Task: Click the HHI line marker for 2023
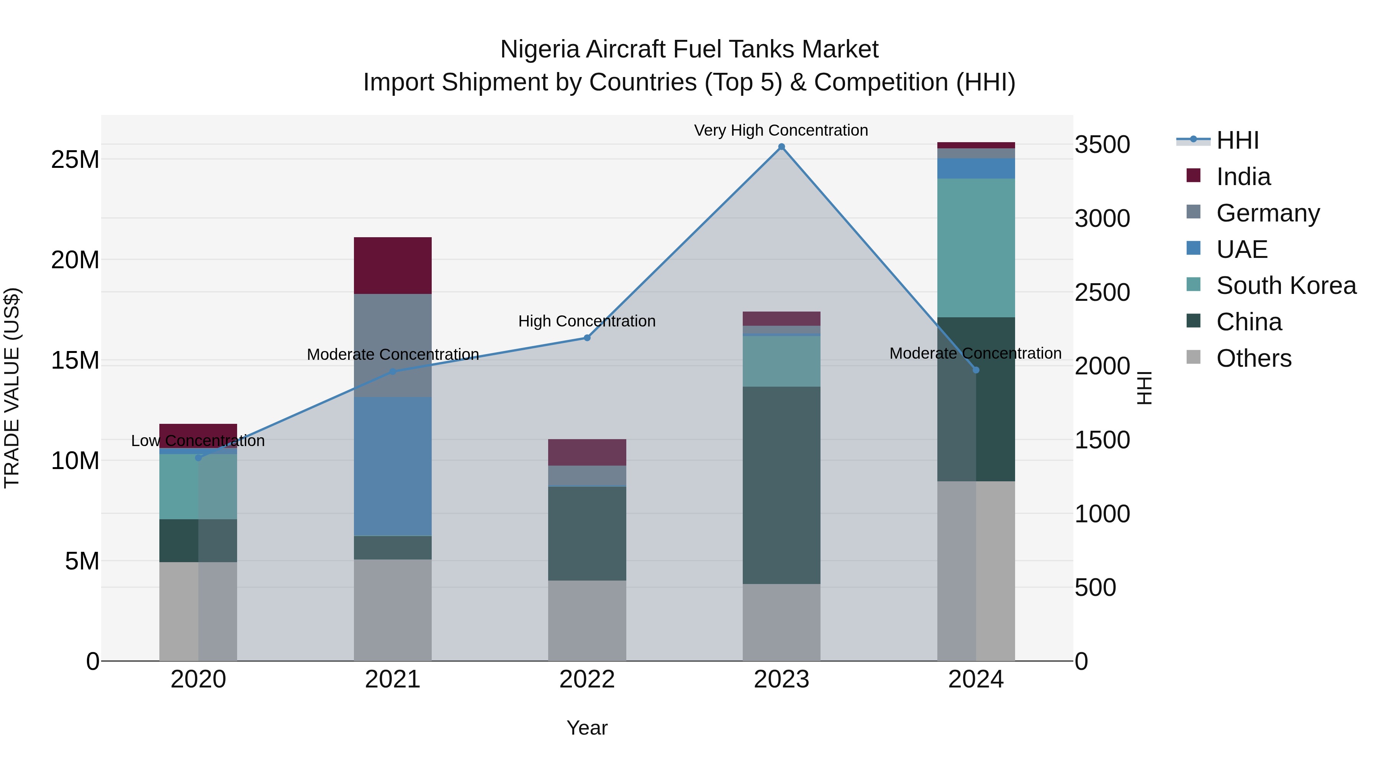pos(781,147)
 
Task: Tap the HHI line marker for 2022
pos(587,338)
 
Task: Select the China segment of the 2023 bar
pos(781,485)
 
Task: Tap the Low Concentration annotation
pos(198,441)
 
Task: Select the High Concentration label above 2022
pos(587,322)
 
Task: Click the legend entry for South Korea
pos(1286,285)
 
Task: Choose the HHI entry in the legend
pos(1237,140)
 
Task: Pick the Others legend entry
pos(1253,358)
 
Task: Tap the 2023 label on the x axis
pos(781,679)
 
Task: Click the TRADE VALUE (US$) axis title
pos(12,388)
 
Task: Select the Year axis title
pos(587,728)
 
